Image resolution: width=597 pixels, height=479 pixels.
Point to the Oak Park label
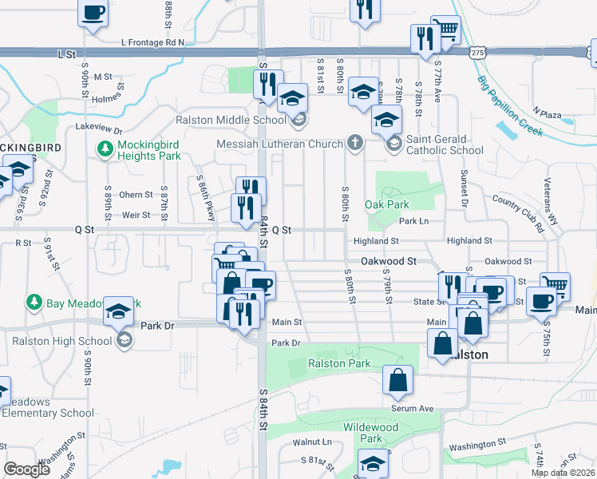click(386, 205)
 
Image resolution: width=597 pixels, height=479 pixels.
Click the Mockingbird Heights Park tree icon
click(104, 148)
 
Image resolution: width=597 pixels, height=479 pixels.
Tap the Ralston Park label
click(339, 364)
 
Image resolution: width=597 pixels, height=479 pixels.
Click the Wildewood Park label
click(370, 433)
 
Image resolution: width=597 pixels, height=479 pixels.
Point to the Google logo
click(26, 469)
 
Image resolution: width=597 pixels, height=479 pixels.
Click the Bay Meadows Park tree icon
click(34, 302)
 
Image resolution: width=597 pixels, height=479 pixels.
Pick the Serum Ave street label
click(412, 408)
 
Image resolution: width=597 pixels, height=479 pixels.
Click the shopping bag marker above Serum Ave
click(397, 382)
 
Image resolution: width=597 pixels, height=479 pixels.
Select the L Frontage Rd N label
click(152, 42)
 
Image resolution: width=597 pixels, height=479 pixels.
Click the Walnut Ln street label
click(311, 441)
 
